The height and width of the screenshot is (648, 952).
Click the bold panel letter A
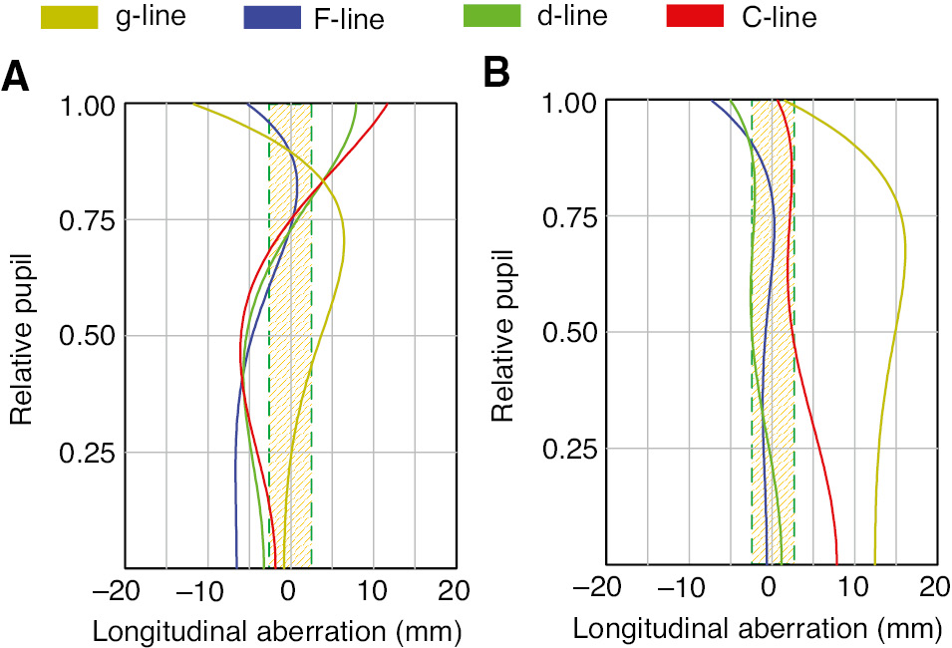point(16,77)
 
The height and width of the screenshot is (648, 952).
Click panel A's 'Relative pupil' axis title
point(21,335)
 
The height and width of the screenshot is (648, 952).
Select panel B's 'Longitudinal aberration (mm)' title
point(758,630)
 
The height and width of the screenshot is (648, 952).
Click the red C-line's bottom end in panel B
point(837,563)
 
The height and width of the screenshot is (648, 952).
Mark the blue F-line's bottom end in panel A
point(237,565)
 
